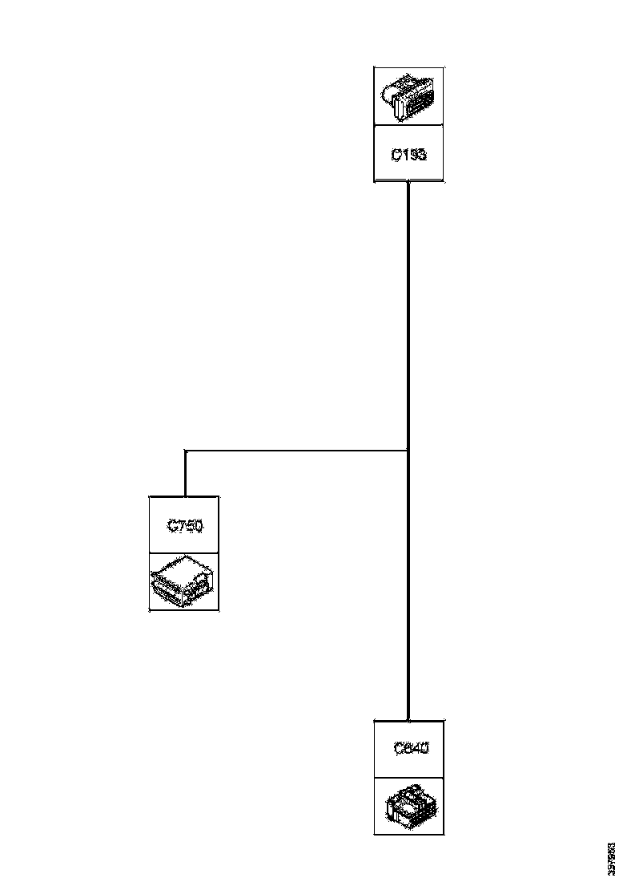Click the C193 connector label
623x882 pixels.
point(408,154)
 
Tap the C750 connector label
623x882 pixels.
point(184,526)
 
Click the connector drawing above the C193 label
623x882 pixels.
point(408,96)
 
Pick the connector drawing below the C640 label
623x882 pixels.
point(409,805)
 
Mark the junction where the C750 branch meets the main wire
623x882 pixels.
point(408,451)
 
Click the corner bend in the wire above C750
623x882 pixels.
point(185,451)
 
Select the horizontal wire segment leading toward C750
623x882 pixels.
point(296,451)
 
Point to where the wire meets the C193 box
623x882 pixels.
point(408,183)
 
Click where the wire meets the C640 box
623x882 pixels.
point(408,719)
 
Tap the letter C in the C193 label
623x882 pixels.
point(396,154)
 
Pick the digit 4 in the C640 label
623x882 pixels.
point(416,749)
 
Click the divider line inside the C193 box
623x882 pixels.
point(408,126)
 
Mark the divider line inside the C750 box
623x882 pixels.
point(184,552)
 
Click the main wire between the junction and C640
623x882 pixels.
point(408,585)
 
